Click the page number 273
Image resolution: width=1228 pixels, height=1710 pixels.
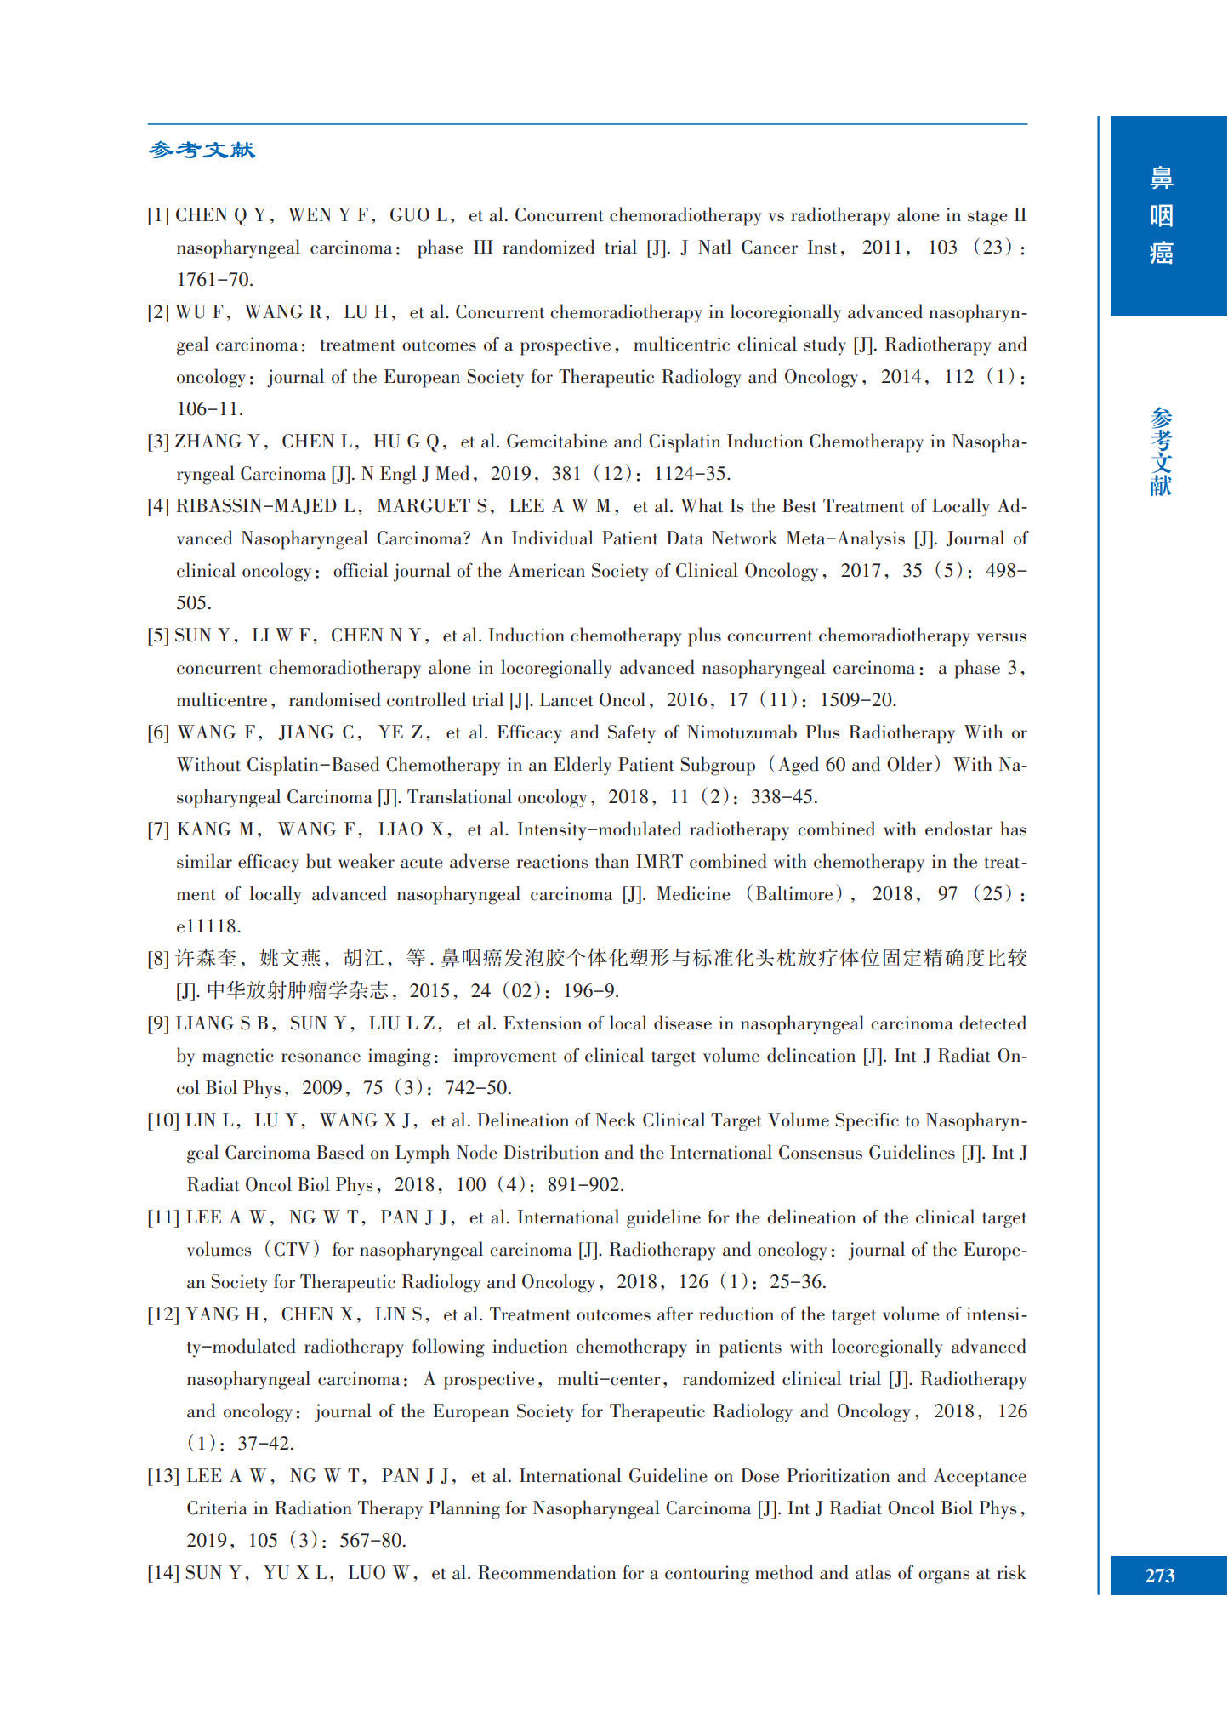1160,1575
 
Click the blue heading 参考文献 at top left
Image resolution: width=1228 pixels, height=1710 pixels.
202,151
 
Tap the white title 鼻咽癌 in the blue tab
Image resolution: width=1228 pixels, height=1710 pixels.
1161,215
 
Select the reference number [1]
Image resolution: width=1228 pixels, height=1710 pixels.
158,215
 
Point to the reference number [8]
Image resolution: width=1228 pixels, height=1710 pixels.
158,959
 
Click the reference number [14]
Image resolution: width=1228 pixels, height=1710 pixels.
162,1573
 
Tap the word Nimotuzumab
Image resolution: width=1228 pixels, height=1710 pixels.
742,732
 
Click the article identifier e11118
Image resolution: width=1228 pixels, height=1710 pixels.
208,926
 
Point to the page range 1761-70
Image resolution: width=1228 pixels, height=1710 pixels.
214,280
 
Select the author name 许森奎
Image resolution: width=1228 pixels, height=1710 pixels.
206,959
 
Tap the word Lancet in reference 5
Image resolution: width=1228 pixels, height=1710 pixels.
566,700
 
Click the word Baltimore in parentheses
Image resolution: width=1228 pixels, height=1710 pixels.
794,894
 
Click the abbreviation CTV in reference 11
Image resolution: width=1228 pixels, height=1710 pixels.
292,1250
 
